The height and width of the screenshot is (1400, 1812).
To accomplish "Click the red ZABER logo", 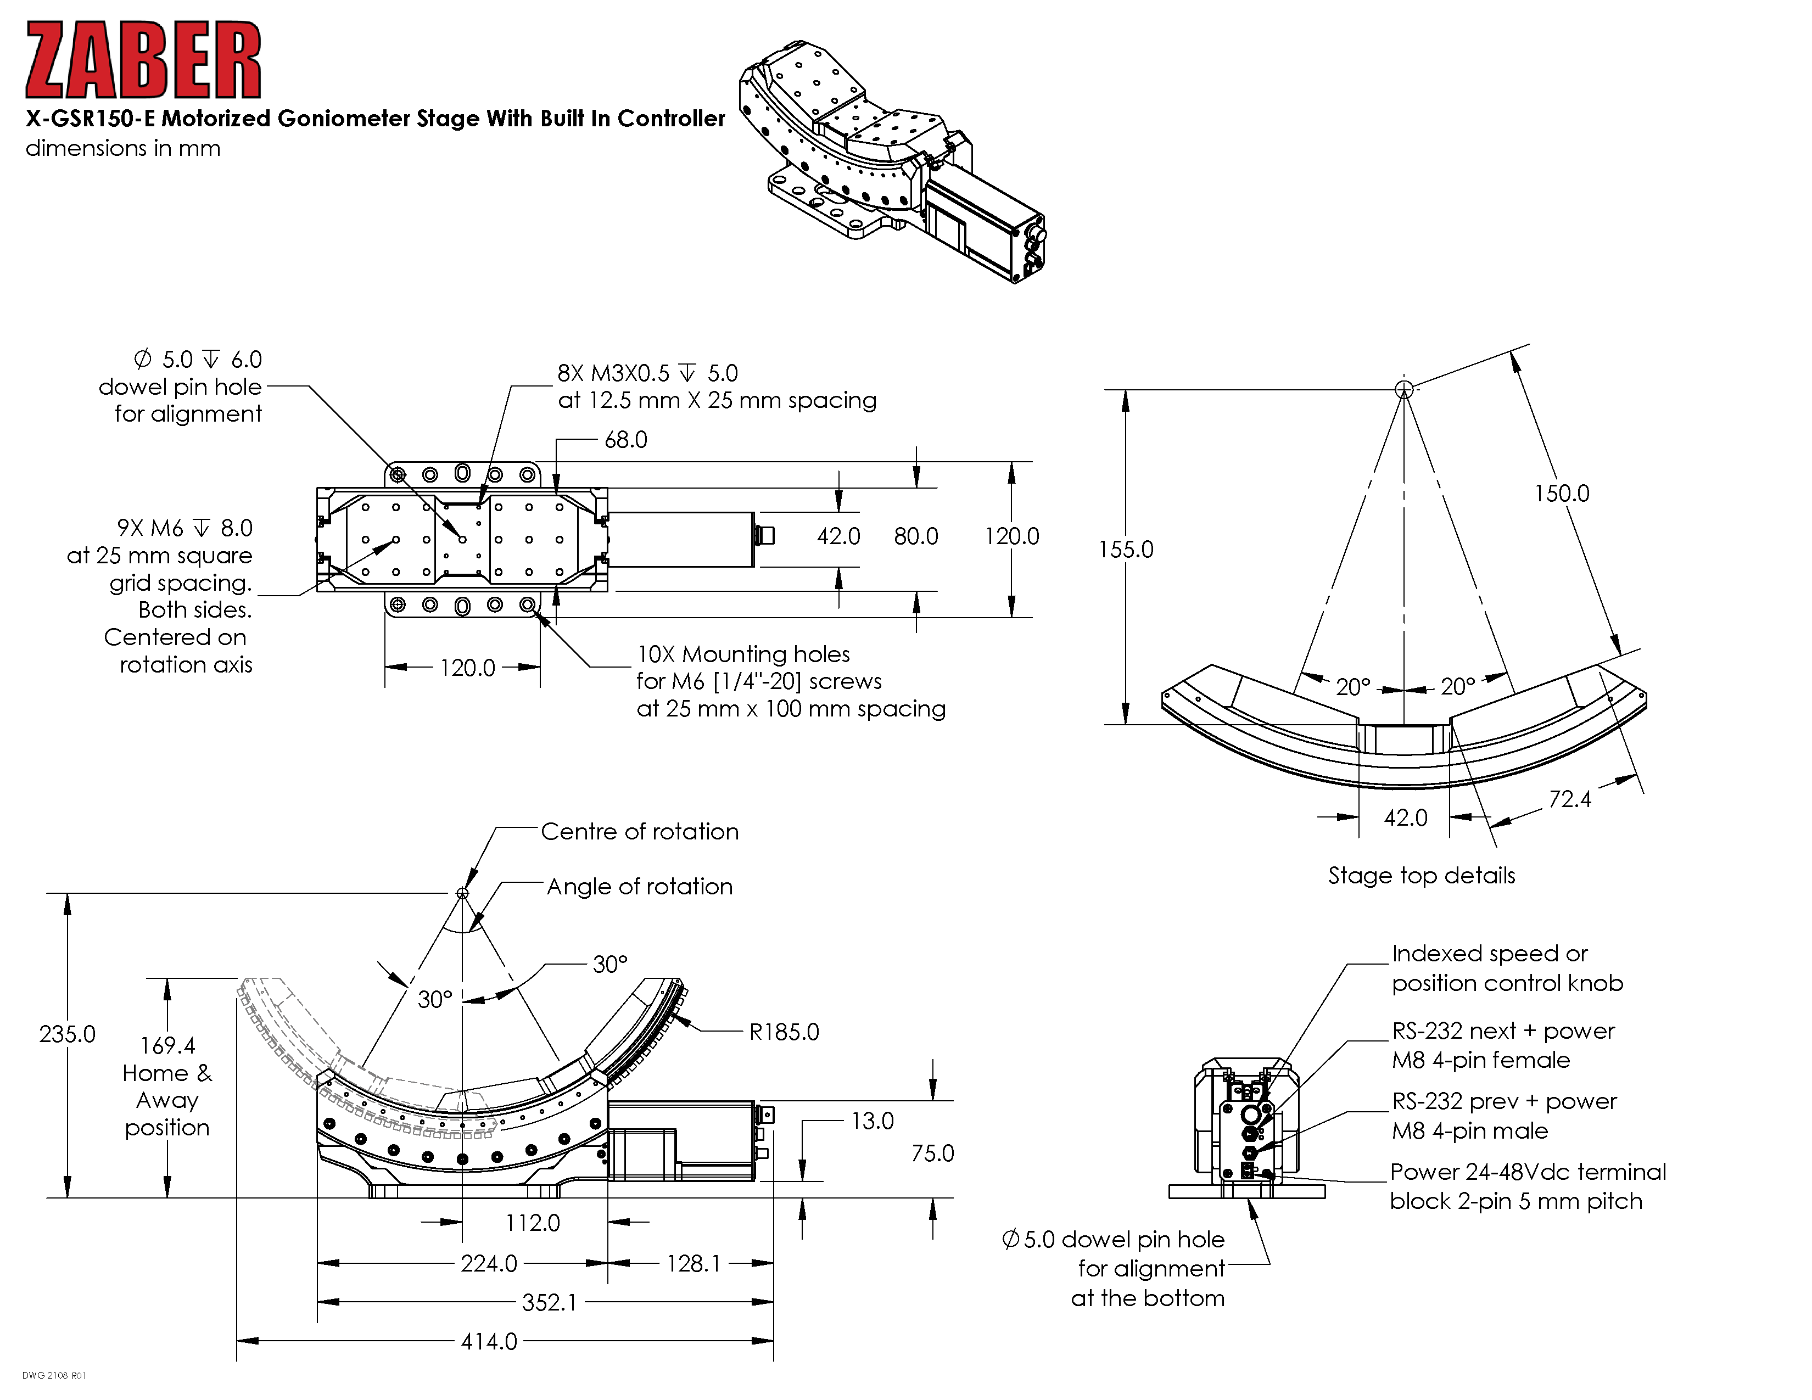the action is [143, 60].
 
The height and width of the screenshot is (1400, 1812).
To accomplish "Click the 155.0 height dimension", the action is [1126, 549].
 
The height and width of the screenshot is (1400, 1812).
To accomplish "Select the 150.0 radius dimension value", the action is [1562, 494].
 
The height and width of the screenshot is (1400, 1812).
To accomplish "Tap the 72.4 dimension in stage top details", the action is [1570, 799].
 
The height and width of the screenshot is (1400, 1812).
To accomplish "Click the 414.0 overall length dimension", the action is [489, 1341].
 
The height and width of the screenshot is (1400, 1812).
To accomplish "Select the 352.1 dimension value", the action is [549, 1302].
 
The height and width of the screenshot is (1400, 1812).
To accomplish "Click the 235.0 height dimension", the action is [67, 1034].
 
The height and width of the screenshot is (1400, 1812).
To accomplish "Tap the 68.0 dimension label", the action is [625, 440].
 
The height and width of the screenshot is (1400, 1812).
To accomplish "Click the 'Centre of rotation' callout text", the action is [640, 831].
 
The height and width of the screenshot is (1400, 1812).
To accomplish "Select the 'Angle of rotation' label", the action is [640, 887].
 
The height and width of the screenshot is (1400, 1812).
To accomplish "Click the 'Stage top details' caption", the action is [1421, 875].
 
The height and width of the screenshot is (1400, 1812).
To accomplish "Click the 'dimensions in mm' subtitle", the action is [123, 148].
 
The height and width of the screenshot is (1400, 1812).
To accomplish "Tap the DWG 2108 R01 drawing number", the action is [54, 1376].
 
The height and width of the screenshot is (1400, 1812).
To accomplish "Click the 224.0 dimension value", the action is [489, 1263].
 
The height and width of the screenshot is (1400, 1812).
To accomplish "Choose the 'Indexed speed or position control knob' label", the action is [1507, 968].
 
